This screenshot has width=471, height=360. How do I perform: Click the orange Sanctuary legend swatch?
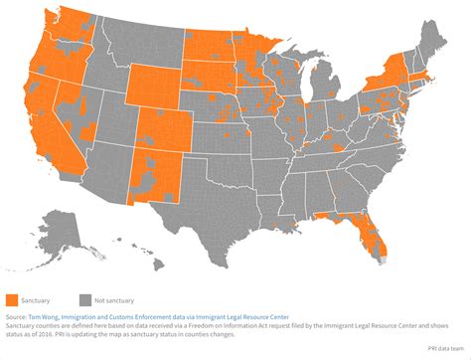11,298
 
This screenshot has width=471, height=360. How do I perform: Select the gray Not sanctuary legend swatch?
85,298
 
